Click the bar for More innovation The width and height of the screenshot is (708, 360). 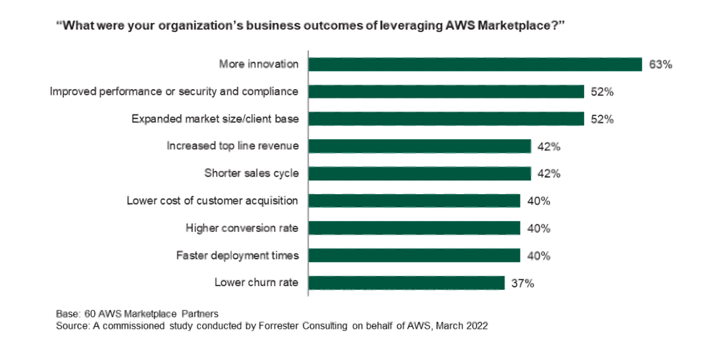tap(475, 64)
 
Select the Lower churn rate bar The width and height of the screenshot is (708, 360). tap(407, 282)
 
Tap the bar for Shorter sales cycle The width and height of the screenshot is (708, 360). tap(420, 173)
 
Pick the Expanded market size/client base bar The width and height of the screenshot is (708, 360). tap(446, 119)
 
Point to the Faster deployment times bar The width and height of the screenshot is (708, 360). tap(415, 255)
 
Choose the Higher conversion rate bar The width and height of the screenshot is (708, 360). tap(415, 228)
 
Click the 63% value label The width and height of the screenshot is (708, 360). tap(660, 64)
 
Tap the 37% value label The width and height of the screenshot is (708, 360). tap(522, 283)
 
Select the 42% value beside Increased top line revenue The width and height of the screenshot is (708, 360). tap(549, 146)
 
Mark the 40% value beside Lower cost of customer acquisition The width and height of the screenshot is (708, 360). tap(538, 201)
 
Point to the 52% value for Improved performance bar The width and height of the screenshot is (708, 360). tap(602, 92)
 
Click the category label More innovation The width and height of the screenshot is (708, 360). tap(259, 64)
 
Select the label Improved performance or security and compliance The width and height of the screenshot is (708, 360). tap(174, 92)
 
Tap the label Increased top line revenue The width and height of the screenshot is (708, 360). tap(233, 146)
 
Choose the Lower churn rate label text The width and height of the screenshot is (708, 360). tap(257, 282)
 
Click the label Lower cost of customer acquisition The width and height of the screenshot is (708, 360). tap(212, 201)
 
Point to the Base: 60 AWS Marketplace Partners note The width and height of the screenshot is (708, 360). tap(137, 314)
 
